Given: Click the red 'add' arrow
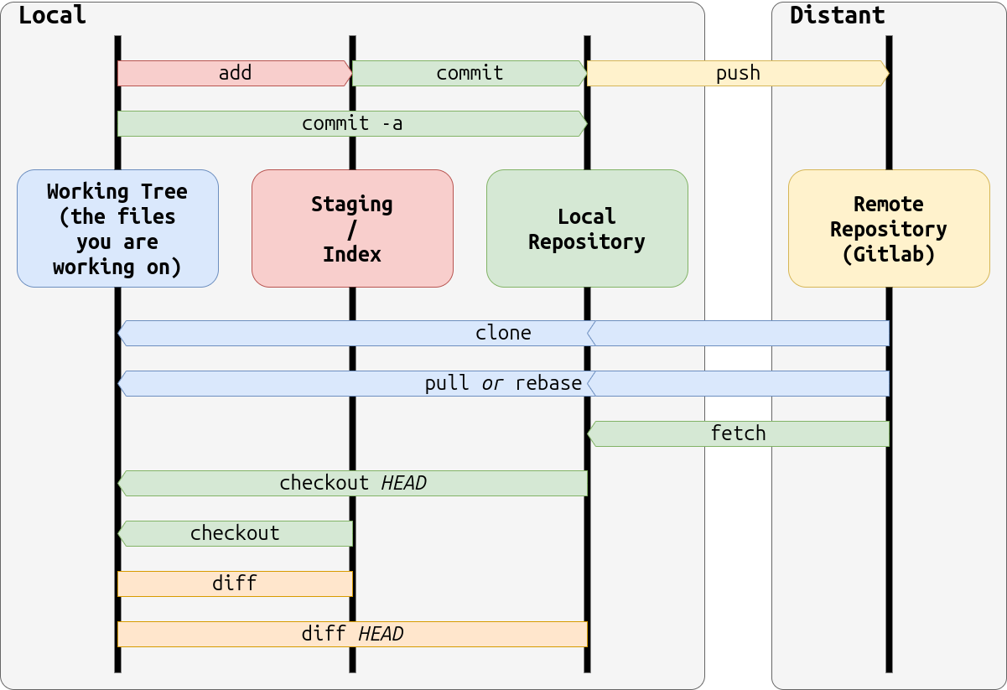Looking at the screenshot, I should (x=235, y=73).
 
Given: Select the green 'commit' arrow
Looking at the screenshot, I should (x=470, y=73).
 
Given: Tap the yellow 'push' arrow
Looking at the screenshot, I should (x=738, y=73).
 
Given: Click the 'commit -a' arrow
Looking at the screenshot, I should (x=352, y=123).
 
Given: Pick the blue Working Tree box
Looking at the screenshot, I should (x=117, y=228).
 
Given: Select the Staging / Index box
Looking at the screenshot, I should (x=352, y=228).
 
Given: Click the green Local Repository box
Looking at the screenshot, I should (x=587, y=228).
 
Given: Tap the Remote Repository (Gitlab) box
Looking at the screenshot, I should (x=889, y=228).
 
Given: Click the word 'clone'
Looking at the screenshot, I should (x=503, y=333).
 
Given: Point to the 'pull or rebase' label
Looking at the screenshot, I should (x=503, y=383).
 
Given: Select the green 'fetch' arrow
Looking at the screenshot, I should (x=738, y=433).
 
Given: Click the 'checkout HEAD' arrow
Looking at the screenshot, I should (x=352, y=483).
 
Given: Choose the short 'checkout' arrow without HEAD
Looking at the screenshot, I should (x=235, y=533).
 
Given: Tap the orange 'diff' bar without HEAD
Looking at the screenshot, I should (x=235, y=584).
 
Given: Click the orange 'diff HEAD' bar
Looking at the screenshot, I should (x=352, y=634).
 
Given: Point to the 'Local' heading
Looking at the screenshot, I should (x=52, y=15).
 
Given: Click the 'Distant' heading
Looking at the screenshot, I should (x=837, y=15).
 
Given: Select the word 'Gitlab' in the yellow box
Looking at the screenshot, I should (x=889, y=254).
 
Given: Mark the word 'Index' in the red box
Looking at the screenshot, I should (x=352, y=254).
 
